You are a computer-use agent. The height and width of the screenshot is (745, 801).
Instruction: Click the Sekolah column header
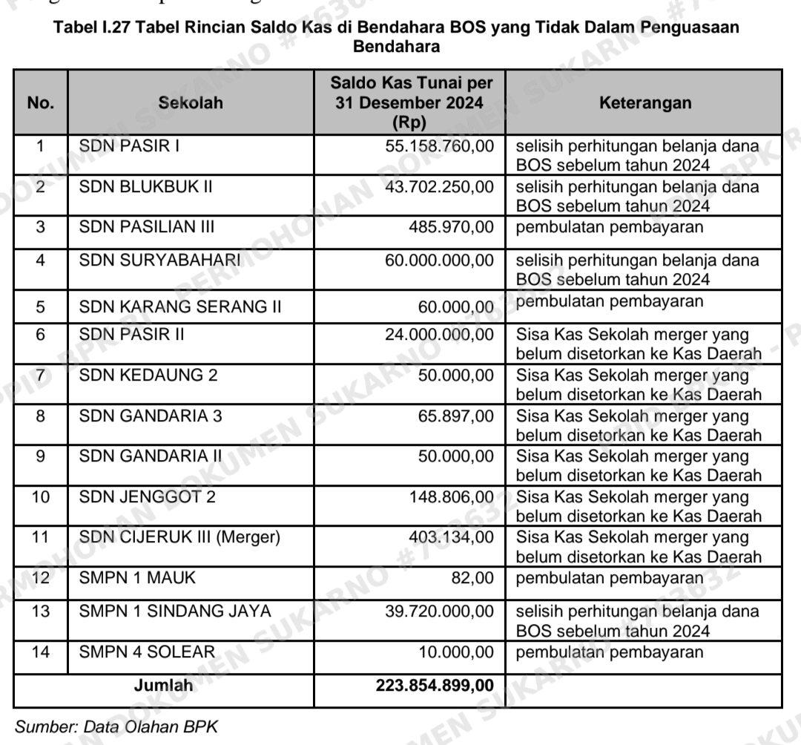tap(191, 103)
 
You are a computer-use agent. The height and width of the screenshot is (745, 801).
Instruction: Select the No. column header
tap(40, 103)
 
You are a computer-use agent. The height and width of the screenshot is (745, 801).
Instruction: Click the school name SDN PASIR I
tap(130, 146)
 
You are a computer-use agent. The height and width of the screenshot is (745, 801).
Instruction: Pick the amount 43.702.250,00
tap(439, 186)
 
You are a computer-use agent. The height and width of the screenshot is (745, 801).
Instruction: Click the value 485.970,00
tap(451, 227)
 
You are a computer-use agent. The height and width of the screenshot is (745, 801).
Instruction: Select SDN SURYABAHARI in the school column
tap(160, 260)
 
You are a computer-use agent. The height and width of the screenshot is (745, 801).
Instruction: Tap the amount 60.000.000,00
tap(439, 260)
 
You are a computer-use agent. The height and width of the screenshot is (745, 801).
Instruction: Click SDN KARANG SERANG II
tap(180, 306)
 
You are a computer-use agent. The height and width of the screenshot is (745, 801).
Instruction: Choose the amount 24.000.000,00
tap(439, 335)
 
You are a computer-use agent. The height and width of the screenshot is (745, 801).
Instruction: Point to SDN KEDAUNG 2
tap(148, 375)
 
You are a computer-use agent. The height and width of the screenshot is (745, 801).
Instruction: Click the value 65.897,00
tap(455, 416)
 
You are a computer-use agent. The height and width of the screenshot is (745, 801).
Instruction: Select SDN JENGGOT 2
tap(148, 496)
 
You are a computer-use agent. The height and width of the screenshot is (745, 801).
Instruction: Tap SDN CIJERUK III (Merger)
tap(179, 536)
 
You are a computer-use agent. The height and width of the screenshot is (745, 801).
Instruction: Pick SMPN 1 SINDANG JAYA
tap(175, 611)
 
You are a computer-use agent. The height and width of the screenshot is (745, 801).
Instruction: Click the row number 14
tap(40, 652)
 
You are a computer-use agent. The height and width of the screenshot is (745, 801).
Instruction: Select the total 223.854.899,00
tap(435, 686)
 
